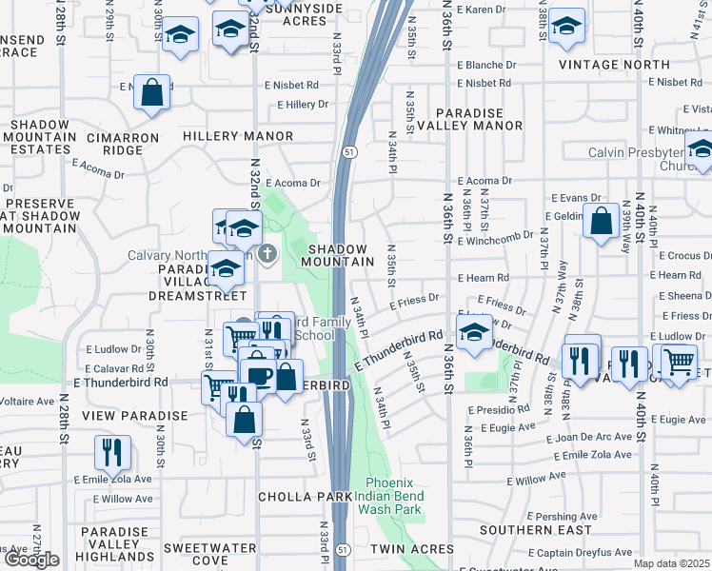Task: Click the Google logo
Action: [30, 560]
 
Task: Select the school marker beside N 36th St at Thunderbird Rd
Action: [473, 333]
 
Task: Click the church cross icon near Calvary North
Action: [267, 253]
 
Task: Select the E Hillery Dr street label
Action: [302, 105]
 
